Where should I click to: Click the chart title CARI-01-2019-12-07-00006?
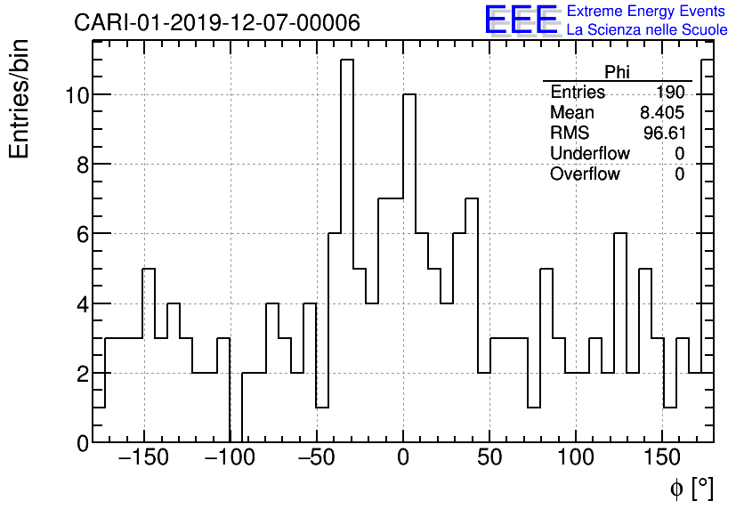(x=217, y=23)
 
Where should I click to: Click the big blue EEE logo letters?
(x=522, y=20)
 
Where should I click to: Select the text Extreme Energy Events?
(x=645, y=12)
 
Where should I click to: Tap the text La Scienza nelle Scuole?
(x=647, y=30)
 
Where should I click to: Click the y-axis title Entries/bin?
(x=20, y=99)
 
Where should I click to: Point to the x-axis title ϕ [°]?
(x=691, y=488)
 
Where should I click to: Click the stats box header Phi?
(x=617, y=72)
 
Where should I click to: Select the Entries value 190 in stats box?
(x=670, y=93)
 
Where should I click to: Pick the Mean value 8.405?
(x=662, y=113)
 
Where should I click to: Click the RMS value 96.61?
(x=664, y=133)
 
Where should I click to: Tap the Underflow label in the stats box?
(x=589, y=154)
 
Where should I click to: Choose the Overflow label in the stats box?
(x=585, y=174)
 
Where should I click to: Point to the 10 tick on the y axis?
(x=77, y=95)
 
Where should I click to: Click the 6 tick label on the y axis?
(x=81, y=234)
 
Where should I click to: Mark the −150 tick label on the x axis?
(x=142, y=459)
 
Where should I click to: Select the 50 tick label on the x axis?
(x=489, y=459)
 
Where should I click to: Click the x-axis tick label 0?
(x=403, y=459)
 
